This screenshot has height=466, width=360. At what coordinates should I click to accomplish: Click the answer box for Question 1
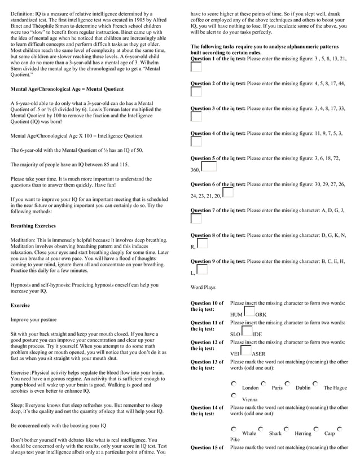196,67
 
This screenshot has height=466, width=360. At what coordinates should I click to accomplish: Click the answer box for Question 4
196,142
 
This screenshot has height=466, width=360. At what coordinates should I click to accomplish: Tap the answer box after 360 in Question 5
209,167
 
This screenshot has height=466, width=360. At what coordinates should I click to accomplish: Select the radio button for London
234,384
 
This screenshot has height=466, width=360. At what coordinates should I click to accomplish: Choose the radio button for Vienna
234,395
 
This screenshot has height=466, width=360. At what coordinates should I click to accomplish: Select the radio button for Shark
261,429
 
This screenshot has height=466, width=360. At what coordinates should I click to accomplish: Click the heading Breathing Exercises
33,226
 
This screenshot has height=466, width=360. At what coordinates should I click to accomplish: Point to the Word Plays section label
203,288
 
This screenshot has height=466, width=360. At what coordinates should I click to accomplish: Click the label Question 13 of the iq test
207,365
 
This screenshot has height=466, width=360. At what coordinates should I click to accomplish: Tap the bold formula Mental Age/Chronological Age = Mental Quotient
67,89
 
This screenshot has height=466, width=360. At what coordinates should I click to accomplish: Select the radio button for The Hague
315,384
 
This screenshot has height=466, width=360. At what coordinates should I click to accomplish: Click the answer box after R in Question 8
203,244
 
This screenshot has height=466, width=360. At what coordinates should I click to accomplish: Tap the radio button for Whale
234,429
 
